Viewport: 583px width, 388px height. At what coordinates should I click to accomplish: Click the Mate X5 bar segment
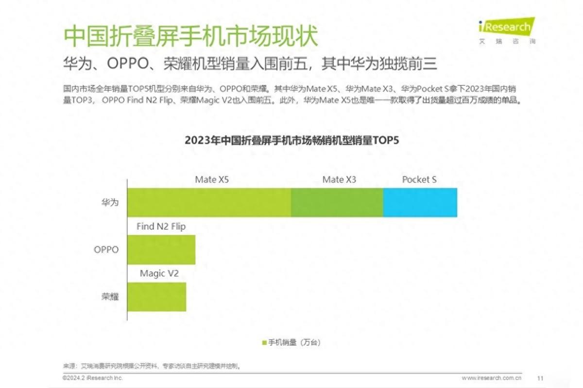tap(209, 202)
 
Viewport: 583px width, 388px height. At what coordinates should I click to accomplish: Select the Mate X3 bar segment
tap(337, 202)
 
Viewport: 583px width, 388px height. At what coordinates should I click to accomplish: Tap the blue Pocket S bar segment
tap(420, 202)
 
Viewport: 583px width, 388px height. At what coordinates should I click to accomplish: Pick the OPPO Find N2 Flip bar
tap(161, 250)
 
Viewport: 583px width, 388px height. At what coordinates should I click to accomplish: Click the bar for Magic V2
tap(156, 297)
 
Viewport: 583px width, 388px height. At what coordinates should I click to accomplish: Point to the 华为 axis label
tap(110, 202)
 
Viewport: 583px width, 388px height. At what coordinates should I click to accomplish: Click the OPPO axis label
tap(106, 250)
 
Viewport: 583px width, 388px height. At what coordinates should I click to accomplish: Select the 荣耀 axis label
tap(110, 297)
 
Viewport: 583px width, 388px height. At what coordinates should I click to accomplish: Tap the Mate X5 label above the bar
tap(212, 179)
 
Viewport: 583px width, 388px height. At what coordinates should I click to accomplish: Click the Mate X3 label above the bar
tap(339, 179)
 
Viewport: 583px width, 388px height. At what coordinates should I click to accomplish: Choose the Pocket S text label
tap(419, 179)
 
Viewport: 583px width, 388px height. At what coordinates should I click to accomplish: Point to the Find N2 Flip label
tap(161, 226)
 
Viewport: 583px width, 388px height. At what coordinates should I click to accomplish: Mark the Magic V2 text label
tap(159, 274)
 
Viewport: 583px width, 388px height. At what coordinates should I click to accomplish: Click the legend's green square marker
tap(265, 343)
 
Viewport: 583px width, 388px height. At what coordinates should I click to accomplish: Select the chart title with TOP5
tap(291, 141)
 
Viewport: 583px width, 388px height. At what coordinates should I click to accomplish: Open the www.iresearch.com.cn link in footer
tap(491, 378)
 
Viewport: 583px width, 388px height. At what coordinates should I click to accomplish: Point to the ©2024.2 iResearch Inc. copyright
tap(93, 378)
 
